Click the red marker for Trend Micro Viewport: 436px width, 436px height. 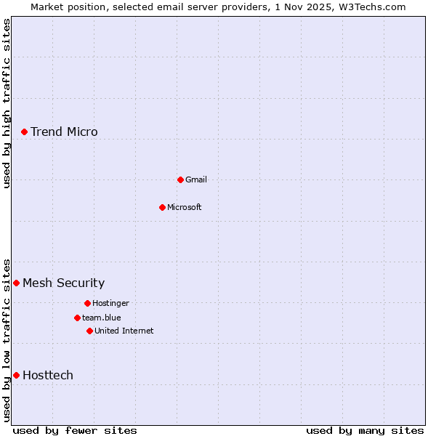click(x=24, y=132)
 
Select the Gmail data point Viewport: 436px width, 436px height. click(x=180, y=179)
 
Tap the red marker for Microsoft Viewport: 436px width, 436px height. click(x=162, y=207)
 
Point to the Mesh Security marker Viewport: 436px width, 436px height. click(x=16, y=283)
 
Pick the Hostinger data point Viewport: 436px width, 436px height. click(x=87, y=303)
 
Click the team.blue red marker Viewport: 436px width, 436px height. click(x=77, y=318)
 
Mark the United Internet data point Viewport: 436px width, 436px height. click(x=89, y=331)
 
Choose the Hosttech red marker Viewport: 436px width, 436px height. click(x=16, y=375)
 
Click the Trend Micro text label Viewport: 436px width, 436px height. click(x=64, y=132)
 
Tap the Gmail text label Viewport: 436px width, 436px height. click(x=196, y=179)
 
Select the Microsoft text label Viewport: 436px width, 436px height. click(x=185, y=207)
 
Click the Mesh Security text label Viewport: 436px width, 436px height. click(x=64, y=283)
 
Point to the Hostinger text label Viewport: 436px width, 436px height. click(x=110, y=303)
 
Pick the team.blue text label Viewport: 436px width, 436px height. click(x=102, y=318)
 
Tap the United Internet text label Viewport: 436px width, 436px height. click(x=124, y=331)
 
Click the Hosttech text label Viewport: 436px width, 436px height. click(x=48, y=375)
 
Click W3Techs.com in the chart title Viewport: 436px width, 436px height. click(x=370, y=7)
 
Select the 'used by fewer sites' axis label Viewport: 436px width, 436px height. click(x=75, y=430)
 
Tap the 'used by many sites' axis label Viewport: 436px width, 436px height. click(x=365, y=430)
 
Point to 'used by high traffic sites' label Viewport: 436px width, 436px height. click(x=7, y=103)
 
